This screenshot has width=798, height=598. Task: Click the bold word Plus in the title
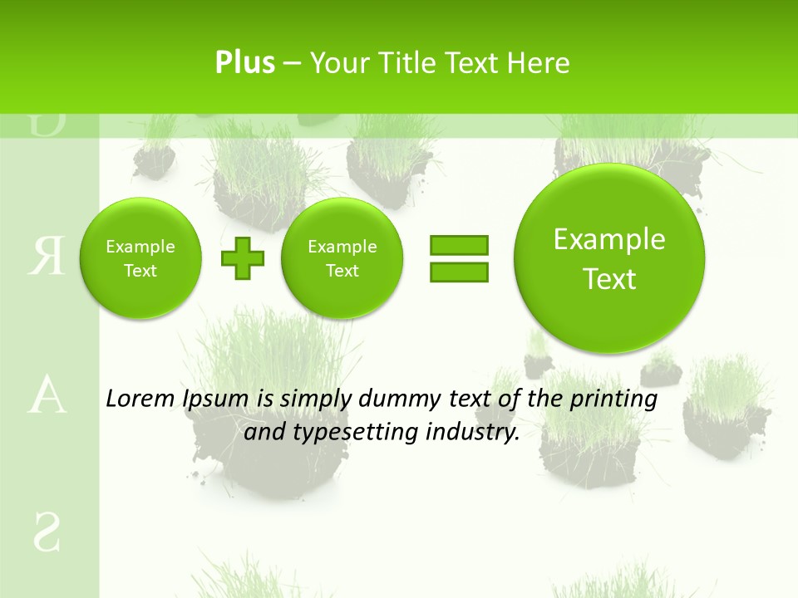244,63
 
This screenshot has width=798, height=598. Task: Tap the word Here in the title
539,63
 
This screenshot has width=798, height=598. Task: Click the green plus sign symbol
243,258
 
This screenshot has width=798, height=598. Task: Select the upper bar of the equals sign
459,245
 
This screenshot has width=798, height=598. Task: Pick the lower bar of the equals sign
459,272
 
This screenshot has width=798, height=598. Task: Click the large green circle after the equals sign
609,257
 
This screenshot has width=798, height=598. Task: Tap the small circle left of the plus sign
140,258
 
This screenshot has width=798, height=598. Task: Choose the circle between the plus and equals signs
342,258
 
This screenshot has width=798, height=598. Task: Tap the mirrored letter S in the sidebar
47,532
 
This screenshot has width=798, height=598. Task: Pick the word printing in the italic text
613,399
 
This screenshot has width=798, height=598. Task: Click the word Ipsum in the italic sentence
216,399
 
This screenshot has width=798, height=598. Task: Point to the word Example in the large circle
609,239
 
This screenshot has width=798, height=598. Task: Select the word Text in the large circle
609,279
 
